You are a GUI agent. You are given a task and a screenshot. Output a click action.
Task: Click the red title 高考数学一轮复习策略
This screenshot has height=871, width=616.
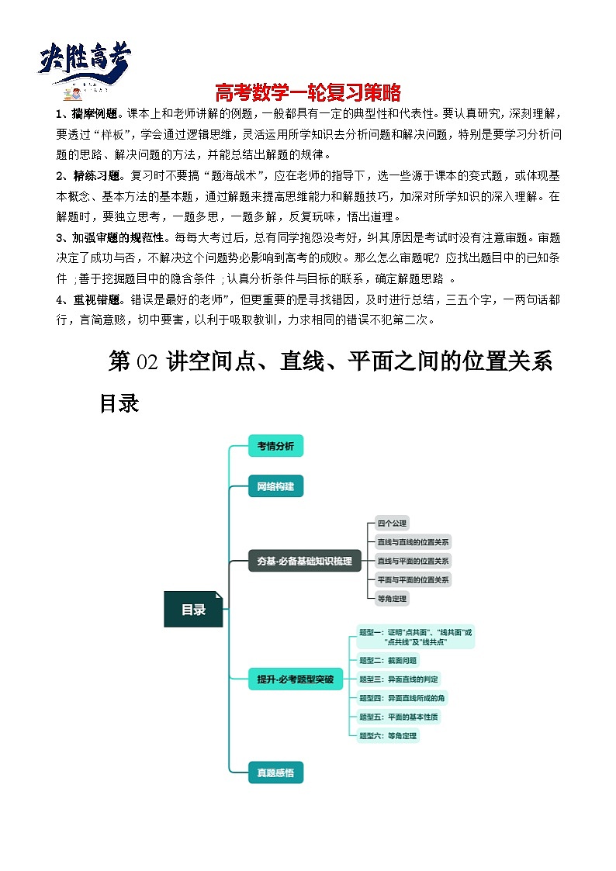307,92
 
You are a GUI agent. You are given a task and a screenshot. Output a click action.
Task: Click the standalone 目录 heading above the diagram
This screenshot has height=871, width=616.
119,403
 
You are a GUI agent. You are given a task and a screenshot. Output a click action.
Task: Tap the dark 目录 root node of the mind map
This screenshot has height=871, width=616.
193,610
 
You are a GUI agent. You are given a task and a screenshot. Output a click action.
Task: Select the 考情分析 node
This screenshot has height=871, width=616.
275,446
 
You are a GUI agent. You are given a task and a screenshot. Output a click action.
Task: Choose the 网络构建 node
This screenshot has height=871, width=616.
275,486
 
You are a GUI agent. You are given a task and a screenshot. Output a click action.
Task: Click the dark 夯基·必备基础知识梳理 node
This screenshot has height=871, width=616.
304,561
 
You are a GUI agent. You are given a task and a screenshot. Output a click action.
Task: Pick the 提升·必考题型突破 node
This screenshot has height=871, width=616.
295,679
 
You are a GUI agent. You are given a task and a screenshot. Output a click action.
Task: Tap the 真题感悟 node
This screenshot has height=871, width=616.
275,772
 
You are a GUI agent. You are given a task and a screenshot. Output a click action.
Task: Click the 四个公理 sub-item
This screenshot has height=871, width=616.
391,524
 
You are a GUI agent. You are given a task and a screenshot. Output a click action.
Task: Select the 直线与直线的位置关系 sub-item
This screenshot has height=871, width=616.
413,542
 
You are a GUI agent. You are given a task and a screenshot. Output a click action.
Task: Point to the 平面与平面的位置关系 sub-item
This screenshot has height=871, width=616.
413,579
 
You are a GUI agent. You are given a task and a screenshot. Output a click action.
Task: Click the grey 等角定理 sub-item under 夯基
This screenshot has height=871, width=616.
391,598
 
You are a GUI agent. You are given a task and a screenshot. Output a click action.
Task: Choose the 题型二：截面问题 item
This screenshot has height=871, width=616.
388,661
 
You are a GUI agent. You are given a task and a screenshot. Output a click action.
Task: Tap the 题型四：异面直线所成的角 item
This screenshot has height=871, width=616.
402,698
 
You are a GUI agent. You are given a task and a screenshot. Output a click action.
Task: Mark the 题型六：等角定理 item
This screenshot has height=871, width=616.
388,735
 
